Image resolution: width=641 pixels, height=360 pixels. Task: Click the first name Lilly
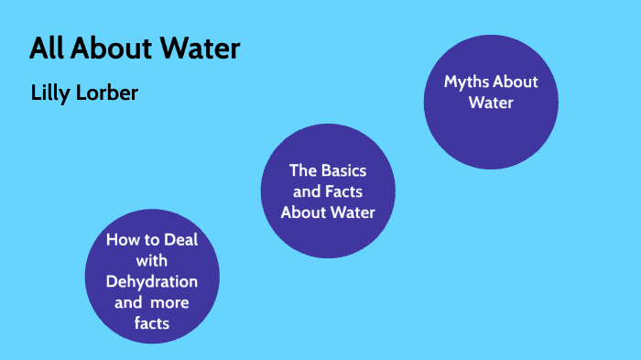tap(49, 93)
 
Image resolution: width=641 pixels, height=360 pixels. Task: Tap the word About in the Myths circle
tap(516, 82)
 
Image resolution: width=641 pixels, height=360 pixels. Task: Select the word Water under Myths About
tap(491, 103)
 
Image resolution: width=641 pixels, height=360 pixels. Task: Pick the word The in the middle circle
tap(302, 170)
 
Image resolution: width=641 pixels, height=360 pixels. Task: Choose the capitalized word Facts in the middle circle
tap(344, 191)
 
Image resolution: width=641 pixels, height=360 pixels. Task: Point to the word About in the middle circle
tap(303, 213)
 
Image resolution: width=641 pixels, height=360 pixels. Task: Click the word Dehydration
tap(151, 281)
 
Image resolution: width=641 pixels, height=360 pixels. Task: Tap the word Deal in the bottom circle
tap(178, 240)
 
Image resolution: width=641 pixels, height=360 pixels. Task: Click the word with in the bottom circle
tap(151, 261)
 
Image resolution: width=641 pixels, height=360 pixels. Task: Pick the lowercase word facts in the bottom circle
tap(151, 323)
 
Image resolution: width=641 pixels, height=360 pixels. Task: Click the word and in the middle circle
tap(303, 191)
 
